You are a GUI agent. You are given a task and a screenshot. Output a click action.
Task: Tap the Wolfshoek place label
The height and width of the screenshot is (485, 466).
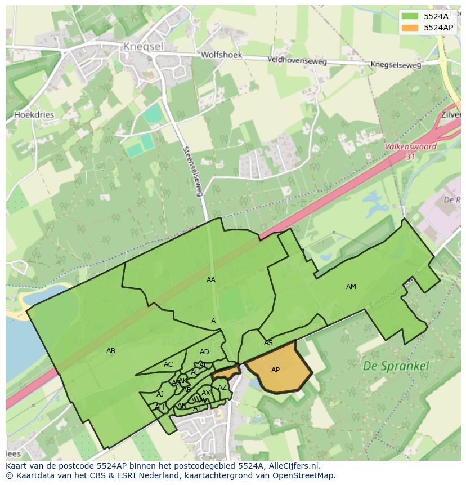(222, 55)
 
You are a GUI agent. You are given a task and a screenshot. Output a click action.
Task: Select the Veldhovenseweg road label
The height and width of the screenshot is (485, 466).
(297, 60)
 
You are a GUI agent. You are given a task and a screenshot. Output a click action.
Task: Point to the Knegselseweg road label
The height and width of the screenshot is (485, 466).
(396, 65)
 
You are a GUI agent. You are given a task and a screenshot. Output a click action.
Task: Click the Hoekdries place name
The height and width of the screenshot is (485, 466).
(34, 114)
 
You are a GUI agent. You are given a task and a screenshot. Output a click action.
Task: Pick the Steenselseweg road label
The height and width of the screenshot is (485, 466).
(192, 171)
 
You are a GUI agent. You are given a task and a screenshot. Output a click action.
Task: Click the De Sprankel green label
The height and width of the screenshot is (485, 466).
(396, 366)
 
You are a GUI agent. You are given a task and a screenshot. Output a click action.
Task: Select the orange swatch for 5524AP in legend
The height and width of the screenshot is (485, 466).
(410, 28)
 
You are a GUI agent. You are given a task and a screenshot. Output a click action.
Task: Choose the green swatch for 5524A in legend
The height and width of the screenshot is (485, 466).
(410, 16)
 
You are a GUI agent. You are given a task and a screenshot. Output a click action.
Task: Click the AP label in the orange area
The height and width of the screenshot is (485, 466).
(275, 370)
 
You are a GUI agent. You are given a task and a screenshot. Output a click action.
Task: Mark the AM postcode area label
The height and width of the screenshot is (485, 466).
(351, 287)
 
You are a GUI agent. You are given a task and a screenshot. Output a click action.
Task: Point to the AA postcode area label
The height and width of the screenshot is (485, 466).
(211, 280)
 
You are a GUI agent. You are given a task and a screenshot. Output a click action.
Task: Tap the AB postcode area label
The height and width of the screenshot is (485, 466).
(111, 351)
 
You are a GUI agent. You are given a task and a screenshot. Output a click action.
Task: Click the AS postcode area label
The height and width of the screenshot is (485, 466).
(268, 343)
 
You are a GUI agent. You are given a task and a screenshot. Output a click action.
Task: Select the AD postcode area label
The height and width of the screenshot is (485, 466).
(204, 352)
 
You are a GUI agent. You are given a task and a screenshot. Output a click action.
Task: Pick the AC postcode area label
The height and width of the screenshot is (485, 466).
(168, 364)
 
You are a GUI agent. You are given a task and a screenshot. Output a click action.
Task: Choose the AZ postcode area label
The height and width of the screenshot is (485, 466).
(222, 388)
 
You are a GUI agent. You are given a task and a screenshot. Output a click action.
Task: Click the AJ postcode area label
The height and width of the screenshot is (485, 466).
(160, 394)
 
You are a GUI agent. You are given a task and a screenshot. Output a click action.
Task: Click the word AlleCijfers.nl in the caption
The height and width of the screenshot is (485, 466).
(292, 466)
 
